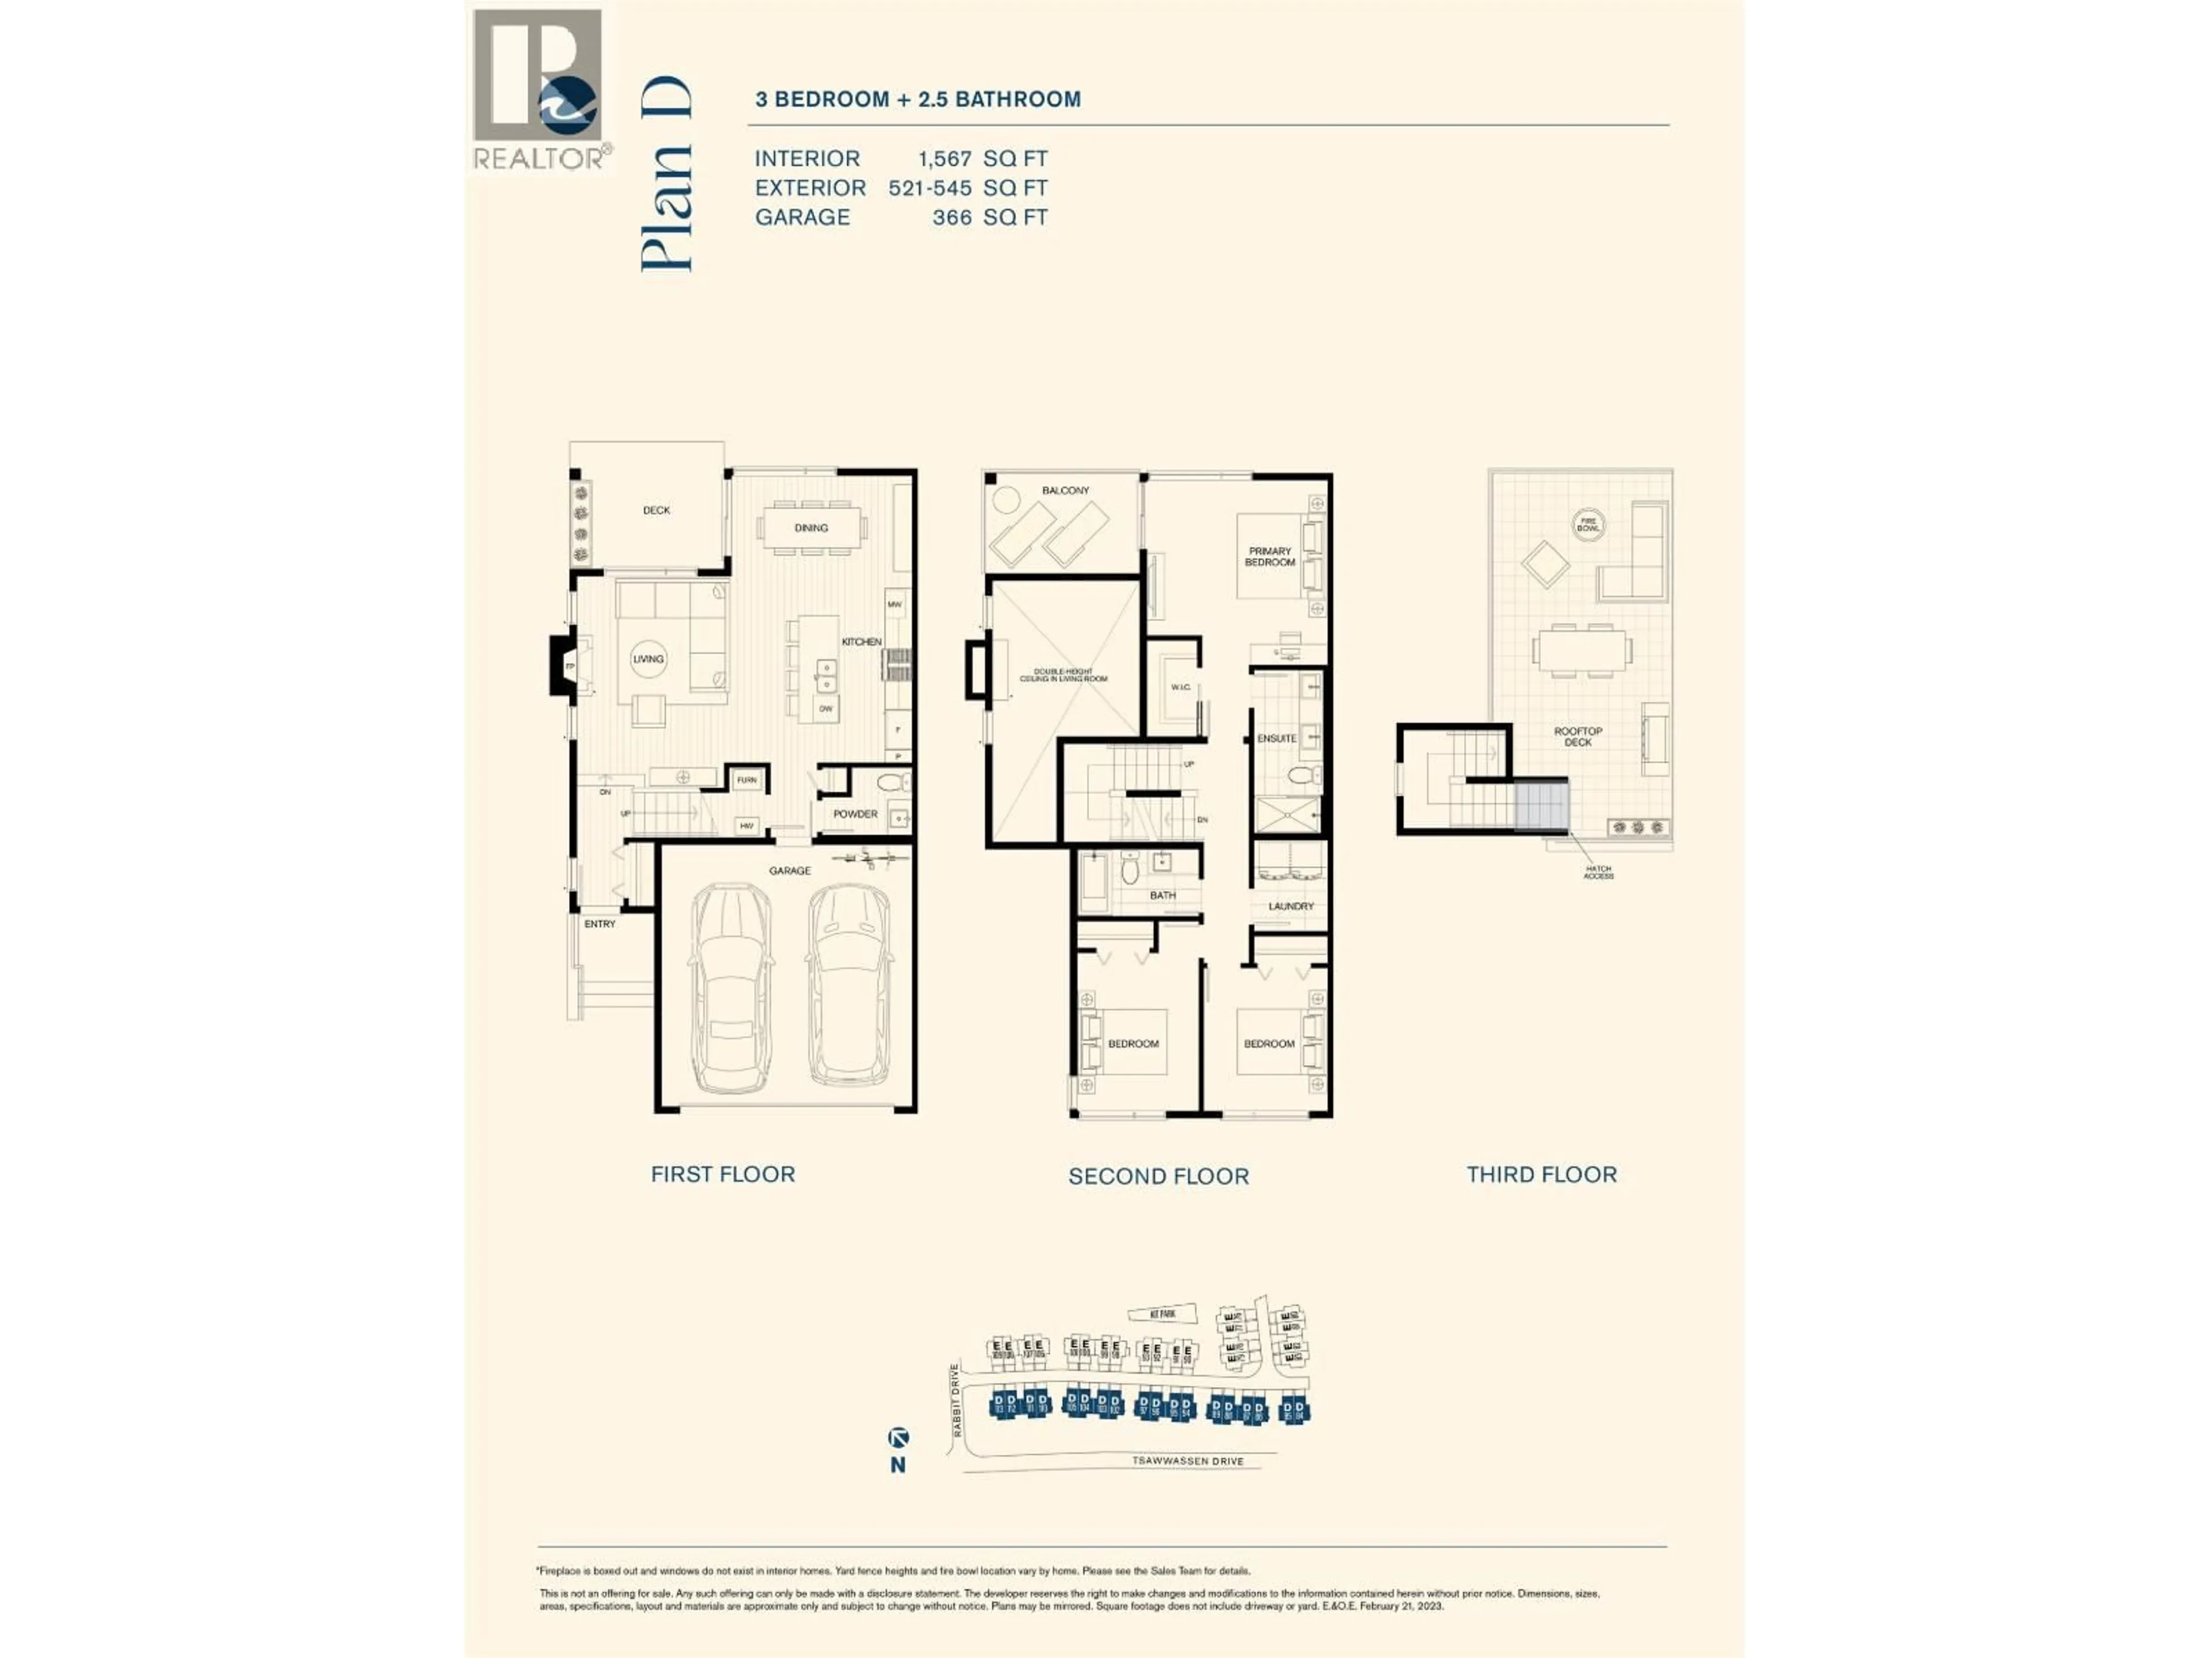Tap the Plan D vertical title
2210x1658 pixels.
point(666,174)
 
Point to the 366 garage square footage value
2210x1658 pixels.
point(951,218)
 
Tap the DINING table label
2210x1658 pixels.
point(811,528)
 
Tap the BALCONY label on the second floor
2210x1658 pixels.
point(1065,490)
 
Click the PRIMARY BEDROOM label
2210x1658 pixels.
point(1269,557)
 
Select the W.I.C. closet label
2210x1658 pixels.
point(1180,687)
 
